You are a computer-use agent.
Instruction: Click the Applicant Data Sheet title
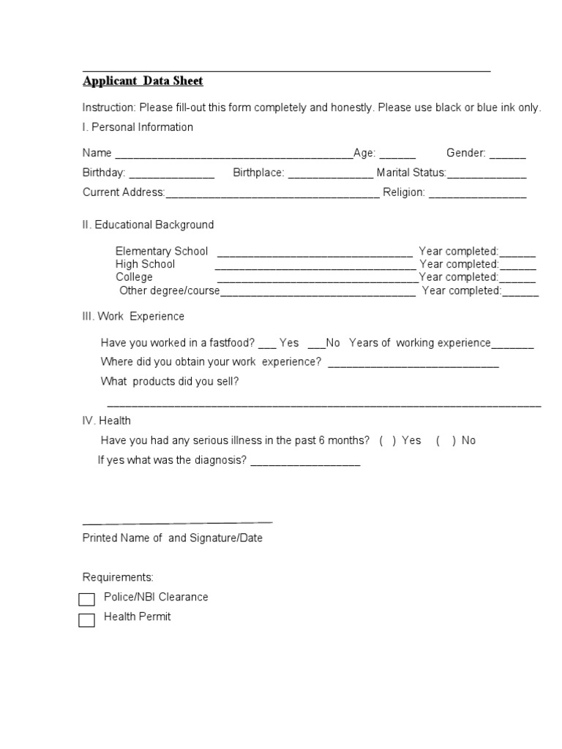[x=143, y=81]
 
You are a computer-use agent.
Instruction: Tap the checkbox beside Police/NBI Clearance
[x=87, y=600]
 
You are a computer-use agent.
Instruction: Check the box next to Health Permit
[x=87, y=620]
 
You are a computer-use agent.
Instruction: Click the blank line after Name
[x=233, y=155]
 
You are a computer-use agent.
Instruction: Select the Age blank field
[x=397, y=155]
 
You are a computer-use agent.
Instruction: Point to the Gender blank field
[x=507, y=155]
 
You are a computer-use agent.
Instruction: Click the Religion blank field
[x=477, y=195]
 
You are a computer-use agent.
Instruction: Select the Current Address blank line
[x=272, y=195]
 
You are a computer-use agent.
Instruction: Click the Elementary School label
[x=162, y=251]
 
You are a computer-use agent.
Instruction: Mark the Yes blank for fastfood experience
[x=267, y=344]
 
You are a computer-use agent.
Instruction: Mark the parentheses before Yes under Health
[x=388, y=440]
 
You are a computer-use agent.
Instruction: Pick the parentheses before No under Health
[x=446, y=440]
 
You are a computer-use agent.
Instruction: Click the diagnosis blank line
[x=305, y=463]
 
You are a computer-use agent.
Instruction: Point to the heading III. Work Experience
[x=133, y=317]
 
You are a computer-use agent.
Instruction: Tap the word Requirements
[x=118, y=577]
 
